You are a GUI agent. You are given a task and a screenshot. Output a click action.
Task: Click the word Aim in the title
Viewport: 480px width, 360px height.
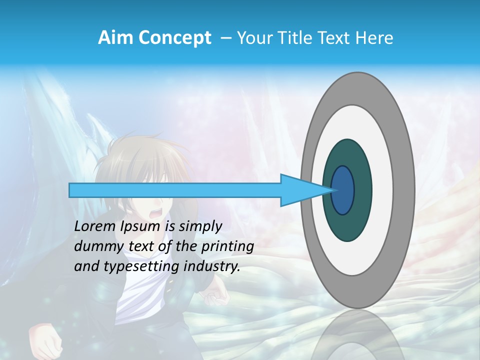click(114, 38)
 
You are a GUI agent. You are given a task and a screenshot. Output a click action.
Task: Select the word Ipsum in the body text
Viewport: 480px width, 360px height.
click(139, 226)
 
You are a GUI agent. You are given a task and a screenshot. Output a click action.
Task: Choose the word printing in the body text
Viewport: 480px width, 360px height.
click(227, 246)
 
